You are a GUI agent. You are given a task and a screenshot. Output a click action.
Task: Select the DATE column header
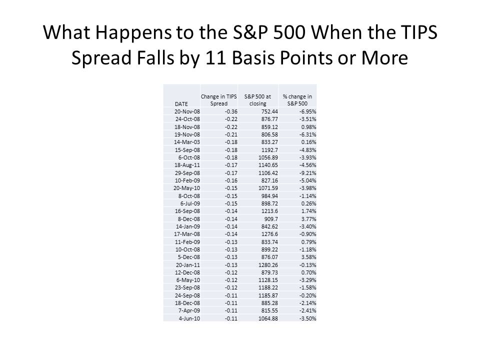tap(181, 104)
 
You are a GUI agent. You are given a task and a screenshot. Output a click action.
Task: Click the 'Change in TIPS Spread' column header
tap(218, 100)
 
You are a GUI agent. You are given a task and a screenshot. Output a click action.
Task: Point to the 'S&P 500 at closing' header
tap(258, 100)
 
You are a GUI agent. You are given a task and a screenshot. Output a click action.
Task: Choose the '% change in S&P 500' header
tap(297, 100)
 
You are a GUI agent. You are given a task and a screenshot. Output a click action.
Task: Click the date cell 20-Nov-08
tap(187, 111)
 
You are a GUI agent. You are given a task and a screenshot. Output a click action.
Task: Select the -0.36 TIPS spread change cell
tap(231, 111)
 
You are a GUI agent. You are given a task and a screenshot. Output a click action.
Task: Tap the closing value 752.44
tap(269, 111)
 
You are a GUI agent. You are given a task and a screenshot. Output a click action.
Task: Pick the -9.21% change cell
tap(307, 173)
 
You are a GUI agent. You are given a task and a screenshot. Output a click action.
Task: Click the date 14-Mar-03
tap(186, 142)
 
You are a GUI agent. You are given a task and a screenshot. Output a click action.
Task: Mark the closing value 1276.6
tap(269, 234)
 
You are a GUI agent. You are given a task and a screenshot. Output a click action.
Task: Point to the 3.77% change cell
tap(308, 219)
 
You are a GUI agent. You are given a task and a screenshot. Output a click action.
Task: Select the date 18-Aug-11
tap(187, 165)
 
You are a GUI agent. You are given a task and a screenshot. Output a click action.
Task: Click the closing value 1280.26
tap(268, 265)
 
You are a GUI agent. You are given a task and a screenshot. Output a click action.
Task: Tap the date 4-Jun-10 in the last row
tap(189, 318)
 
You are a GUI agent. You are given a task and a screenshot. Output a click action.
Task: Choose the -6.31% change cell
tap(307, 134)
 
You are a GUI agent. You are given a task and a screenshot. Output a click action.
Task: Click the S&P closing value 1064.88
tap(268, 318)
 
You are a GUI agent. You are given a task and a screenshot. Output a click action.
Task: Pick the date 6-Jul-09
tap(190, 203)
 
